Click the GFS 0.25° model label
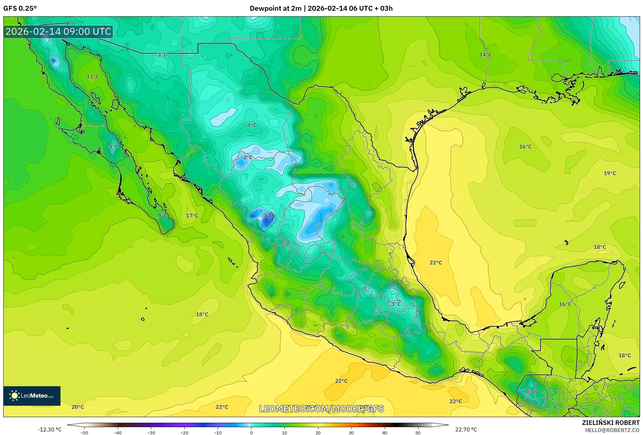[20, 8]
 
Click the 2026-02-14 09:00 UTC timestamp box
[58, 32]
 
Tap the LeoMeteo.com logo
[32, 396]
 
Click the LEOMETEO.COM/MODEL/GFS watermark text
[321, 409]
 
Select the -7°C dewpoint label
[267, 216]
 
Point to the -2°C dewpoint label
[247, 157]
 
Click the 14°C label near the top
[485, 55]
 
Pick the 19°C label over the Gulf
[610, 173]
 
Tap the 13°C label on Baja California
[93, 76]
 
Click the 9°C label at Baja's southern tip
[162, 215]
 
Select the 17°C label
[192, 215]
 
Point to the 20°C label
[78, 407]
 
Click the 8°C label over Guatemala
[530, 391]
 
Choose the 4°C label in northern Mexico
[252, 125]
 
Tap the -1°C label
[113, 147]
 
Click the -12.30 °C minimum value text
[49, 429]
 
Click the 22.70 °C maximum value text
[466, 429]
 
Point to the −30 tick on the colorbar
[151, 433]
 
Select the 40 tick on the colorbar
[385, 433]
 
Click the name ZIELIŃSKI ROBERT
[610, 423]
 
